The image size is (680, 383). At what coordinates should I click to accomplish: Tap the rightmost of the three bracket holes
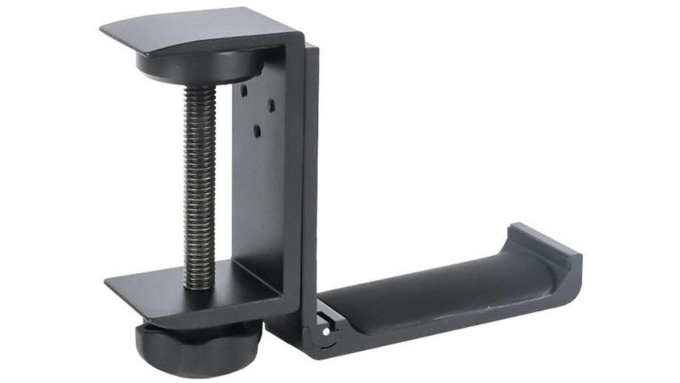click(271, 104)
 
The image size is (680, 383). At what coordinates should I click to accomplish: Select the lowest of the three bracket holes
click(257, 129)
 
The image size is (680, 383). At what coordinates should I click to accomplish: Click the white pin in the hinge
click(326, 330)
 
